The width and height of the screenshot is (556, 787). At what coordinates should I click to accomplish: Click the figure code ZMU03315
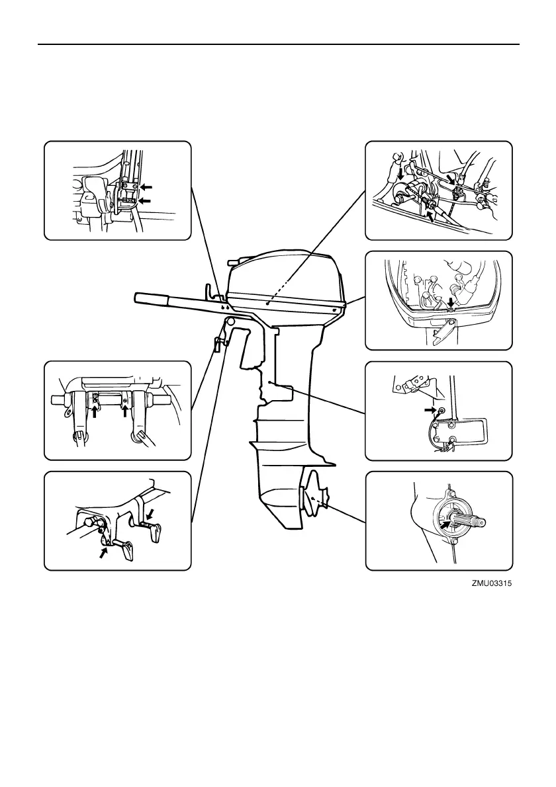[x=492, y=585]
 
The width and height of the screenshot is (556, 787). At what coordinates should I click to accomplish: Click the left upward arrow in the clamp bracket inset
[x=97, y=414]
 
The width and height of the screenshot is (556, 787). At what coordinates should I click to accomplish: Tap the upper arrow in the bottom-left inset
[x=151, y=513]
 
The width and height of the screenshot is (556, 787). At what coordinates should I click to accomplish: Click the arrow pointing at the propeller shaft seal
[x=445, y=526]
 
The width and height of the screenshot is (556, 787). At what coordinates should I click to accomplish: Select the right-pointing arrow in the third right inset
[x=430, y=411]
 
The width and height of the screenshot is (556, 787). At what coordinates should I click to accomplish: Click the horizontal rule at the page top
[x=278, y=45]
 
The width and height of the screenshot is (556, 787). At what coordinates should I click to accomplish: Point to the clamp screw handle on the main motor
[x=218, y=344]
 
